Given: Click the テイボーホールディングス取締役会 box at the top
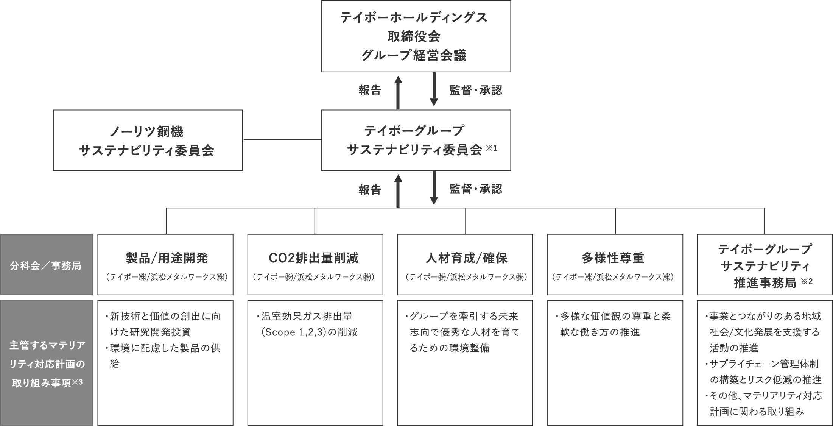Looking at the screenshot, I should pos(416,36).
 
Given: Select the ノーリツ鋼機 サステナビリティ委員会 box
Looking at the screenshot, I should pos(148,140).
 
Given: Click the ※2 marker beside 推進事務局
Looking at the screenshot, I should pos(807,282).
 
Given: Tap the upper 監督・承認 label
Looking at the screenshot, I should pos(475,91).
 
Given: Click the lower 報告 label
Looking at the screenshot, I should pos(370,190).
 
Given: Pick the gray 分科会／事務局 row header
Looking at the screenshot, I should pos(46,265).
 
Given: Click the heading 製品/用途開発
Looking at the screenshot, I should pos(167,258).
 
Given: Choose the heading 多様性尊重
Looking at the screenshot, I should pos(613,258).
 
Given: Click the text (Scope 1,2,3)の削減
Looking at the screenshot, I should pos(309,332).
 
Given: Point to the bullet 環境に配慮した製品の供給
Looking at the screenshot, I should pos(163,356).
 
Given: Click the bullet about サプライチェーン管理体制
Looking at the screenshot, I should pos(763,372).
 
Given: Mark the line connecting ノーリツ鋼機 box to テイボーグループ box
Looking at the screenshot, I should pos(282,140).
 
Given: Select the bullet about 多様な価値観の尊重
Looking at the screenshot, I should pos(613,324).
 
